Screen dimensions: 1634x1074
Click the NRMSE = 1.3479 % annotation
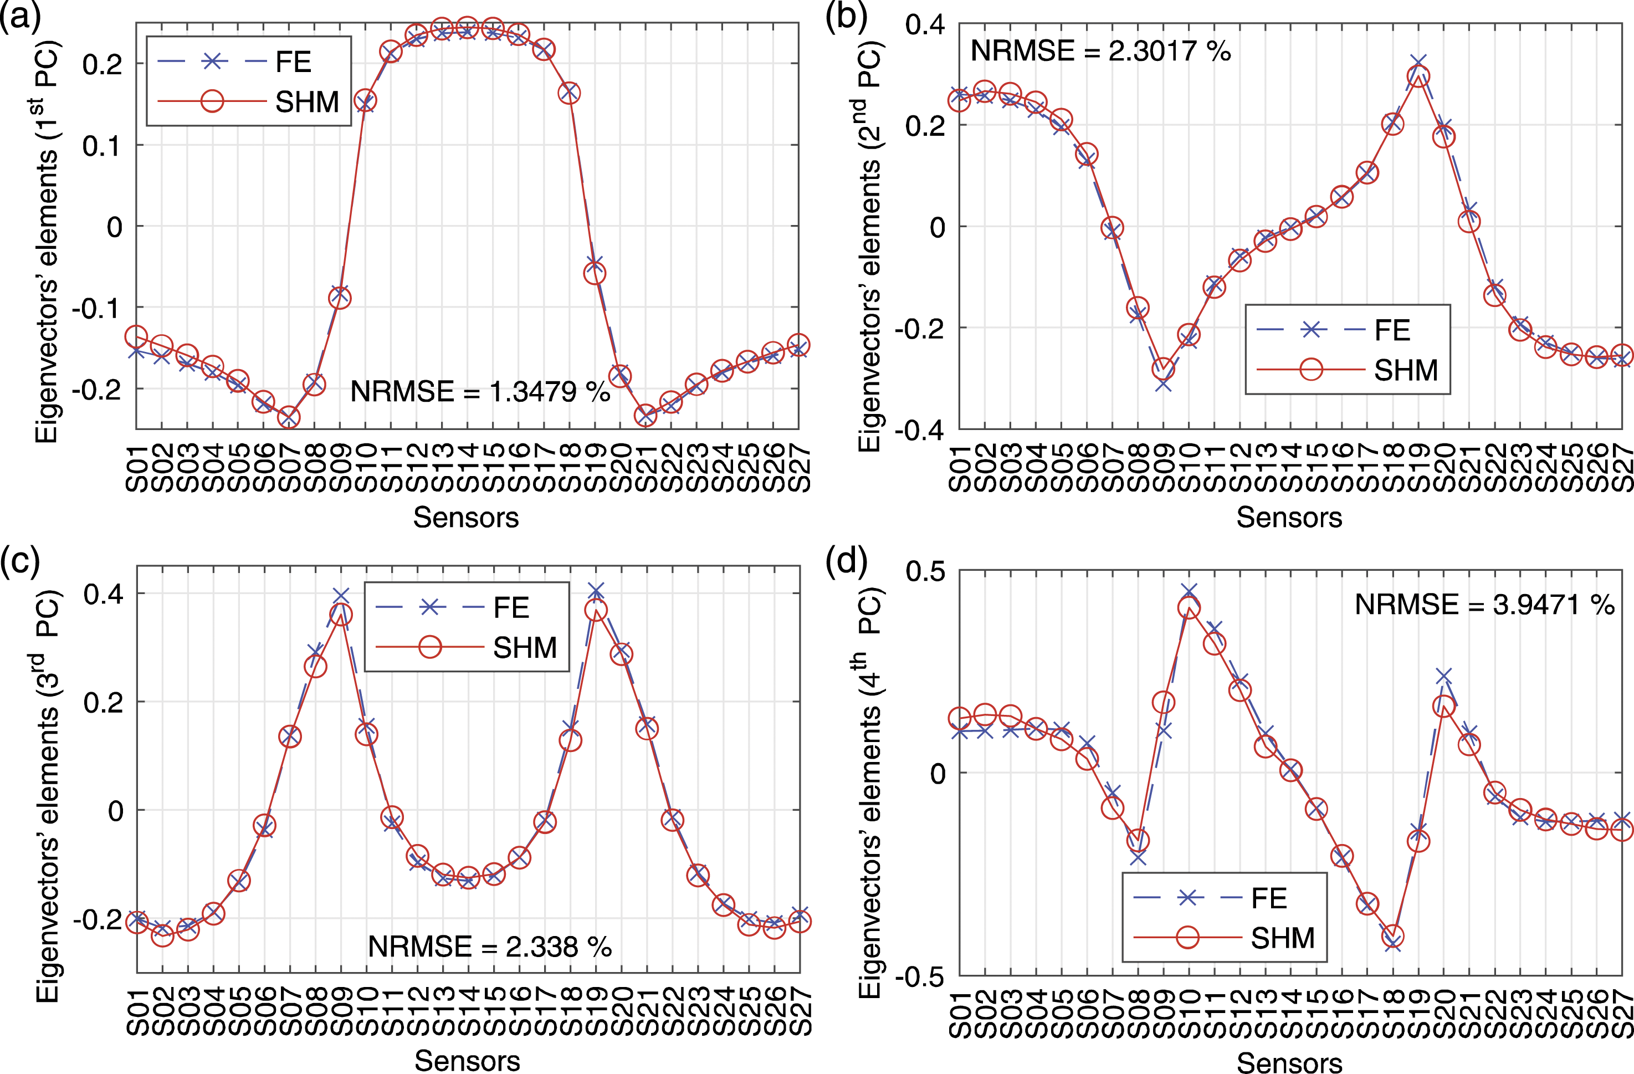[x=480, y=391]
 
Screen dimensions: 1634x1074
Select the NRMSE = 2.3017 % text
[x=1100, y=51]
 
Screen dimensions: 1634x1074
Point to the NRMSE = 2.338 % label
[x=489, y=947]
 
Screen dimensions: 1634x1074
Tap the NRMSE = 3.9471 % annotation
[x=1484, y=604]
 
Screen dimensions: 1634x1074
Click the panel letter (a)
[x=21, y=15]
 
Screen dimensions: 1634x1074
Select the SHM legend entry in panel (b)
[x=1347, y=370]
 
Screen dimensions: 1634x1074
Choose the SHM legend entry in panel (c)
[x=466, y=647]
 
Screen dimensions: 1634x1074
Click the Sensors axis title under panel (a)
[x=466, y=517]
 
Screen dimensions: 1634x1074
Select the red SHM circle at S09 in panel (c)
[x=341, y=615]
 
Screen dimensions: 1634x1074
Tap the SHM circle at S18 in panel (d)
[x=1393, y=935]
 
